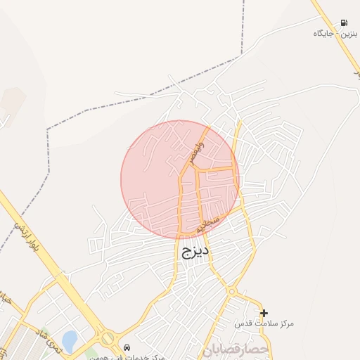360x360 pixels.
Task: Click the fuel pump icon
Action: (344, 22)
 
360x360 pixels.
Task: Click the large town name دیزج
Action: (195, 250)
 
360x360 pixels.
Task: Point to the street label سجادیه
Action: (209, 224)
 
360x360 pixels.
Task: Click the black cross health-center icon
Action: (264, 313)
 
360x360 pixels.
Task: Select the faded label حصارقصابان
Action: (235, 349)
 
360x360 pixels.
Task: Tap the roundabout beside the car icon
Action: (108, 338)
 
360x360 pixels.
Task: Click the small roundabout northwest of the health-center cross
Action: (231, 290)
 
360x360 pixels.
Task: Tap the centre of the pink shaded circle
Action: (180, 180)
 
